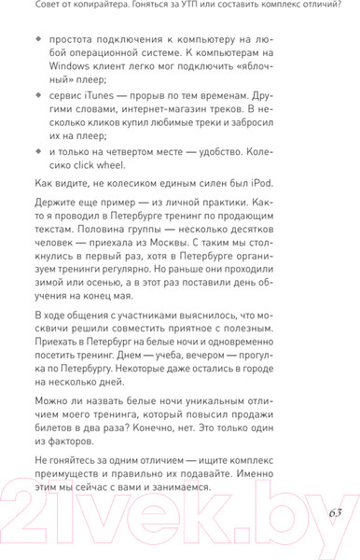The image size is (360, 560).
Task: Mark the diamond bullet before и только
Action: (x=38, y=153)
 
